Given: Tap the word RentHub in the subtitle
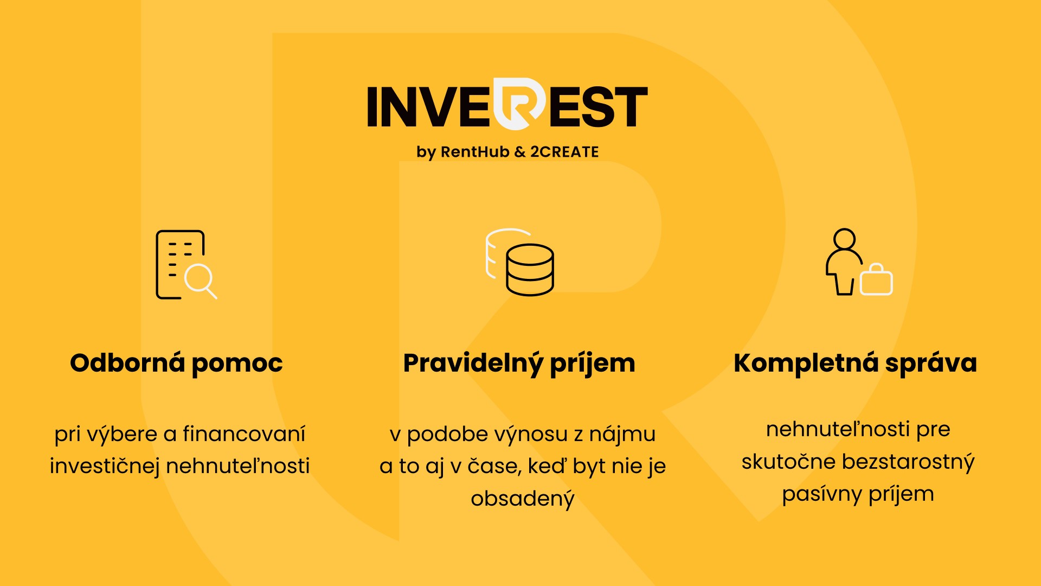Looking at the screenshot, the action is (475, 152).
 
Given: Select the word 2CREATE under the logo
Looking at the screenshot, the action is (564, 152).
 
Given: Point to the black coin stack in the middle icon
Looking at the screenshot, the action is (530, 270).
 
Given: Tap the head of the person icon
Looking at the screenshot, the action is (845, 239).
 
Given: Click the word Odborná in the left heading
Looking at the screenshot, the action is (127, 363).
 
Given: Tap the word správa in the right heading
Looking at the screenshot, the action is (931, 365).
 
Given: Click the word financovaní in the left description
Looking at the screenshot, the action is (244, 434).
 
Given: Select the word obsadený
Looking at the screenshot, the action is (523, 499).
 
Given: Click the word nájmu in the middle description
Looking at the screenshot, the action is (622, 435).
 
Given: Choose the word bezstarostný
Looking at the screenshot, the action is (909, 462).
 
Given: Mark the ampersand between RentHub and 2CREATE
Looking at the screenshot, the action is (520, 152).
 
